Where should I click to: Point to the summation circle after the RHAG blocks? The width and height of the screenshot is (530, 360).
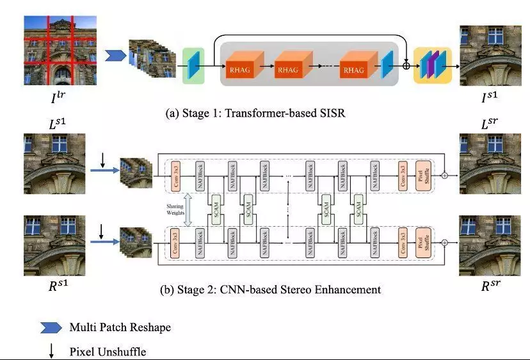click(x=406, y=65)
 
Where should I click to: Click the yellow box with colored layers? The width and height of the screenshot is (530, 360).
click(x=433, y=65)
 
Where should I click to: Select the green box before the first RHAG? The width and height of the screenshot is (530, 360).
click(x=193, y=65)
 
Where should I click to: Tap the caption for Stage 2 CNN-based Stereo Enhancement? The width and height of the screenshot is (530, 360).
click(x=269, y=290)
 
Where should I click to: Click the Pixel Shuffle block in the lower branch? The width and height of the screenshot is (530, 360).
click(x=423, y=243)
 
